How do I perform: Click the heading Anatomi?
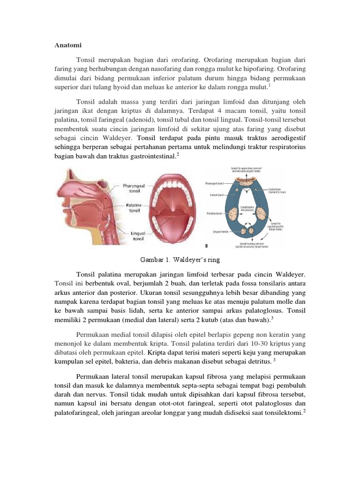[67, 45]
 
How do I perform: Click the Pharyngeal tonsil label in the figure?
[132, 187]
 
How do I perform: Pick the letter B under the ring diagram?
[207, 245]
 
